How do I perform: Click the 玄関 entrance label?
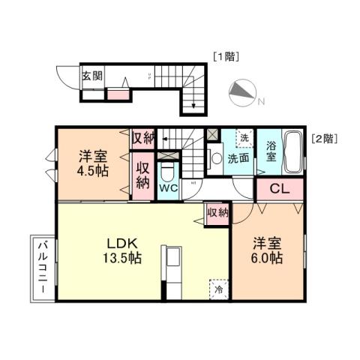point(93,76)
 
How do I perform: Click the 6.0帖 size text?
point(267,258)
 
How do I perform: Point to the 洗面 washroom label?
point(238,158)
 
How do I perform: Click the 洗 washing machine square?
point(243,137)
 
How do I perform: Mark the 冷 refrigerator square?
point(218,288)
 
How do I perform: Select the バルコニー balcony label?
point(41,268)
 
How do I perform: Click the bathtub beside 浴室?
point(293,153)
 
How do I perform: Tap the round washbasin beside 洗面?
point(216,158)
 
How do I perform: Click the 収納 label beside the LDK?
point(217,213)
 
